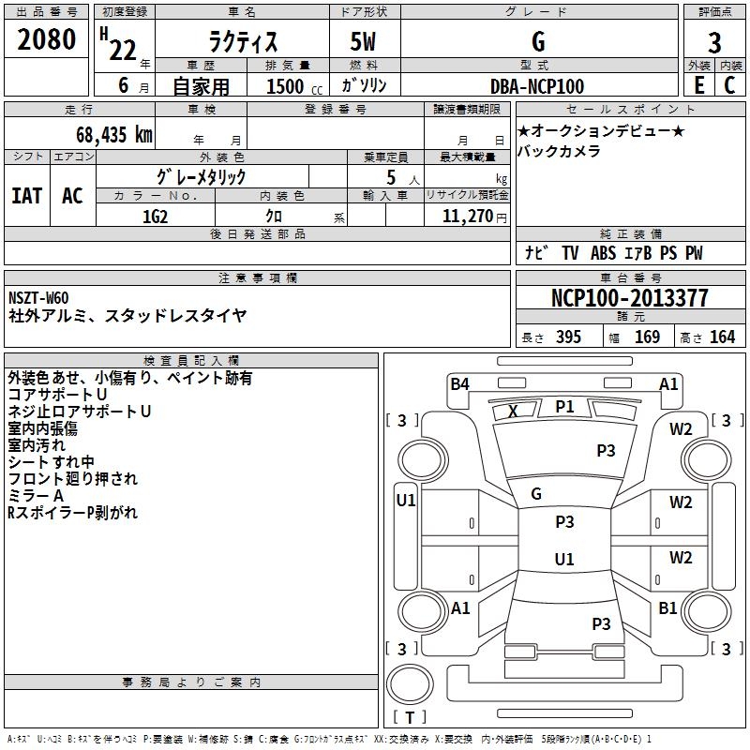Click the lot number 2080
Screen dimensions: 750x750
click(x=46, y=39)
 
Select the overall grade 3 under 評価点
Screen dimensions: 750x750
click(x=714, y=43)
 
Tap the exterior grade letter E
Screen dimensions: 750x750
click(x=699, y=85)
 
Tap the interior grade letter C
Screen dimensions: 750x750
click(x=729, y=85)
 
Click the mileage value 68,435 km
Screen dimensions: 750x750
click(x=114, y=135)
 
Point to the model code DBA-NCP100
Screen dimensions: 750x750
click(x=537, y=86)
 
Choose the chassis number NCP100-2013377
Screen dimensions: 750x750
click(x=629, y=298)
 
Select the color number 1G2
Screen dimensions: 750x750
click(x=155, y=217)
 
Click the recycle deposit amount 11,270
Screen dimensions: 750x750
click(x=467, y=217)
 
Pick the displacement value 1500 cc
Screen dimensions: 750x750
click(x=294, y=86)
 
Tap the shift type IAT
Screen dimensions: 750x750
click(x=27, y=196)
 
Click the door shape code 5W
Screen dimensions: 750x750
click(x=363, y=41)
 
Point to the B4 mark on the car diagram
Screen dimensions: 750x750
click(x=459, y=384)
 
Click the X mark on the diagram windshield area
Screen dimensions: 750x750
click(x=513, y=412)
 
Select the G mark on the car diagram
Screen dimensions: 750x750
click(x=536, y=494)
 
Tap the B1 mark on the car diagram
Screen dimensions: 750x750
click(x=667, y=607)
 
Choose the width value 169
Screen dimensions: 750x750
click(x=647, y=337)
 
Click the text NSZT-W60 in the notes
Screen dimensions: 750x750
click(x=38, y=298)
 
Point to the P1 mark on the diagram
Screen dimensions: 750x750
click(x=564, y=407)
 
